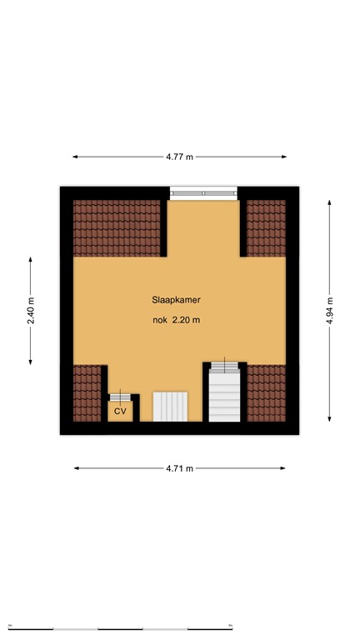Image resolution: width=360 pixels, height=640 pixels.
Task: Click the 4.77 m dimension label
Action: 179,156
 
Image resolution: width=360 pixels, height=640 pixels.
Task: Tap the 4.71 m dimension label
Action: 179,468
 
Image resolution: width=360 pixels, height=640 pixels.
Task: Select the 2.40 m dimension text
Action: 31,310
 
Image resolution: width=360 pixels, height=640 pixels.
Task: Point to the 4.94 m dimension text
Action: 330,310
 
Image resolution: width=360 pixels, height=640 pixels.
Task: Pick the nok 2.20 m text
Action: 176,320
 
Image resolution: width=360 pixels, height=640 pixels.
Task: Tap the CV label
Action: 120,411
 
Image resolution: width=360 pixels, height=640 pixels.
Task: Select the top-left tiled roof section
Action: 117,227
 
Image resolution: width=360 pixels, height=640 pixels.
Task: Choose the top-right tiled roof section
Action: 266,227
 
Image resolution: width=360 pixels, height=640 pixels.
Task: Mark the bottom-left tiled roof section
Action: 87,392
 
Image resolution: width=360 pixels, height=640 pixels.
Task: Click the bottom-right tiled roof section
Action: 266,392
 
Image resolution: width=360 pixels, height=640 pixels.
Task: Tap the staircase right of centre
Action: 224,396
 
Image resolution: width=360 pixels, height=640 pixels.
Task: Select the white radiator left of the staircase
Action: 171,407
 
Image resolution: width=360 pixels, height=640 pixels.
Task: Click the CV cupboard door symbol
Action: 120,396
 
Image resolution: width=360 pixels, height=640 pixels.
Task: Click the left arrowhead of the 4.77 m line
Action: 75,156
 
